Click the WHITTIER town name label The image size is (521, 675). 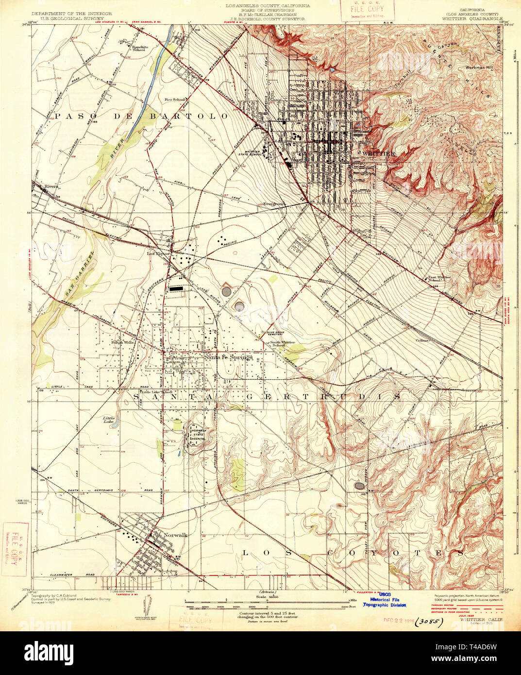(379, 153)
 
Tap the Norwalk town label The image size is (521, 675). (175, 535)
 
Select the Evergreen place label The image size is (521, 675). (273, 204)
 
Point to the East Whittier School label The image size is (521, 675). (439, 280)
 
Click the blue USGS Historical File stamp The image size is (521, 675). (386, 600)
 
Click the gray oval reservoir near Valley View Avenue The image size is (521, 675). (359, 485)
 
